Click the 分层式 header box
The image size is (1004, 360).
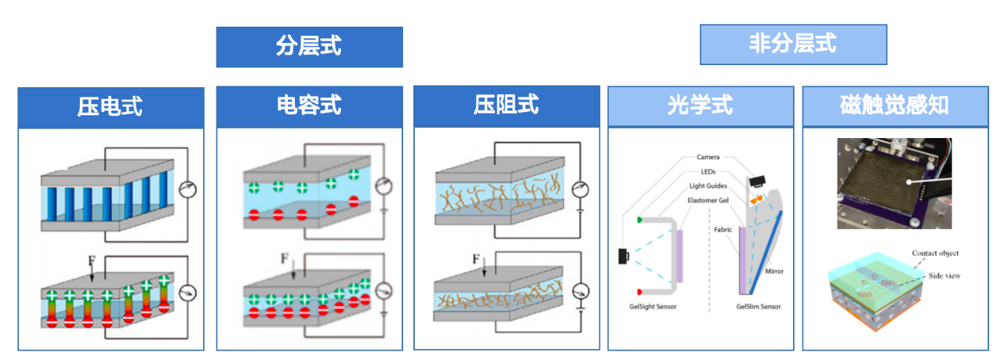pyautogui.click(x=309, y=47)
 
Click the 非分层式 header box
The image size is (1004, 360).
pyautogui.click(x=793, y=44)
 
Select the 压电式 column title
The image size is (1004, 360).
pyautogui.click(x=111, y=107)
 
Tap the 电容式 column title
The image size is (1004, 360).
pyautogui.click(x=309, y=107)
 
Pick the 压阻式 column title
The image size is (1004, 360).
pyautogui.click(x=507, y=106)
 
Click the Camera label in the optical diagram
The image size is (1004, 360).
pyautogui.click(x=708, y=158)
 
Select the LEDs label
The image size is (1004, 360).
pyautogui.click(x=708, y=172)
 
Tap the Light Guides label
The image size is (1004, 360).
pyautogui.click(x=708, y=186)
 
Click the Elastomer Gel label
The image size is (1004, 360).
pyautogui.click(x=708, y=200)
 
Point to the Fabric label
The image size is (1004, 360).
pyautogui.click(x=723, y=230)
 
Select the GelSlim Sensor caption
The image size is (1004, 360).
pyautogui.click(x=758, y=307)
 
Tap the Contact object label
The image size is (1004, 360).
pyautogui.click(x=935, y=253)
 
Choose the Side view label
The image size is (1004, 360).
pyautogui.click(x=945, y=275)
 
